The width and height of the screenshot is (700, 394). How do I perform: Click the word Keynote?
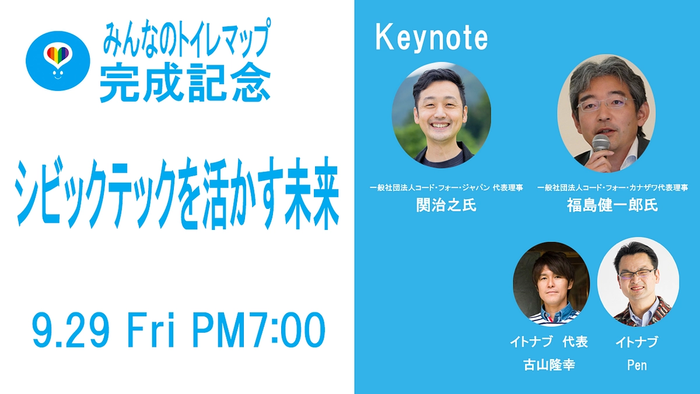(431, 38)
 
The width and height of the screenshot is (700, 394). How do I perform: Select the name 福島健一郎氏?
(612, 206)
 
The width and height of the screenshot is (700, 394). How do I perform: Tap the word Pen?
(636, 365)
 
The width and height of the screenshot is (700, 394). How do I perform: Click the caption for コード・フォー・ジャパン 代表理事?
(446, 188)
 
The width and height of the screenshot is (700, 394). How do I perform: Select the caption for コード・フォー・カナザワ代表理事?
(612, 188)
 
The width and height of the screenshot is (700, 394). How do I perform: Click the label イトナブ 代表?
(548, 342)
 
